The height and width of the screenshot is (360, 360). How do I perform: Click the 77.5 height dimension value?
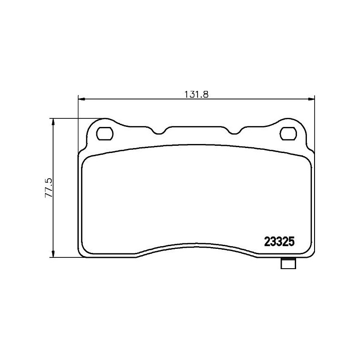pos(49,188)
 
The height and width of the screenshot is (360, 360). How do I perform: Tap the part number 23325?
pos(279,242)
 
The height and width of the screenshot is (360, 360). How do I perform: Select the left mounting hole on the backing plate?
pos(105,133)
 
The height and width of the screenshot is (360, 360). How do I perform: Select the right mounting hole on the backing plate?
pos(288,133)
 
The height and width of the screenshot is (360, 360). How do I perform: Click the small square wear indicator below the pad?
pos(287,264)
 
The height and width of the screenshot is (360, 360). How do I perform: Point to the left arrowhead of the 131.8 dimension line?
pos(81,99)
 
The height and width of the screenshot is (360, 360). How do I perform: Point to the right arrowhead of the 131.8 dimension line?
pos(312,99)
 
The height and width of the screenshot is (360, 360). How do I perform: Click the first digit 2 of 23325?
pos(265,242)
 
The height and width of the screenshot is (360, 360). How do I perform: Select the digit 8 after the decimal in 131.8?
pos(208,94)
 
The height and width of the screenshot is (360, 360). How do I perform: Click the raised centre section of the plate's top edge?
pos(197,127)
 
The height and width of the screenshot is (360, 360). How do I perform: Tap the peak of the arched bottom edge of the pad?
pos(197,245)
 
